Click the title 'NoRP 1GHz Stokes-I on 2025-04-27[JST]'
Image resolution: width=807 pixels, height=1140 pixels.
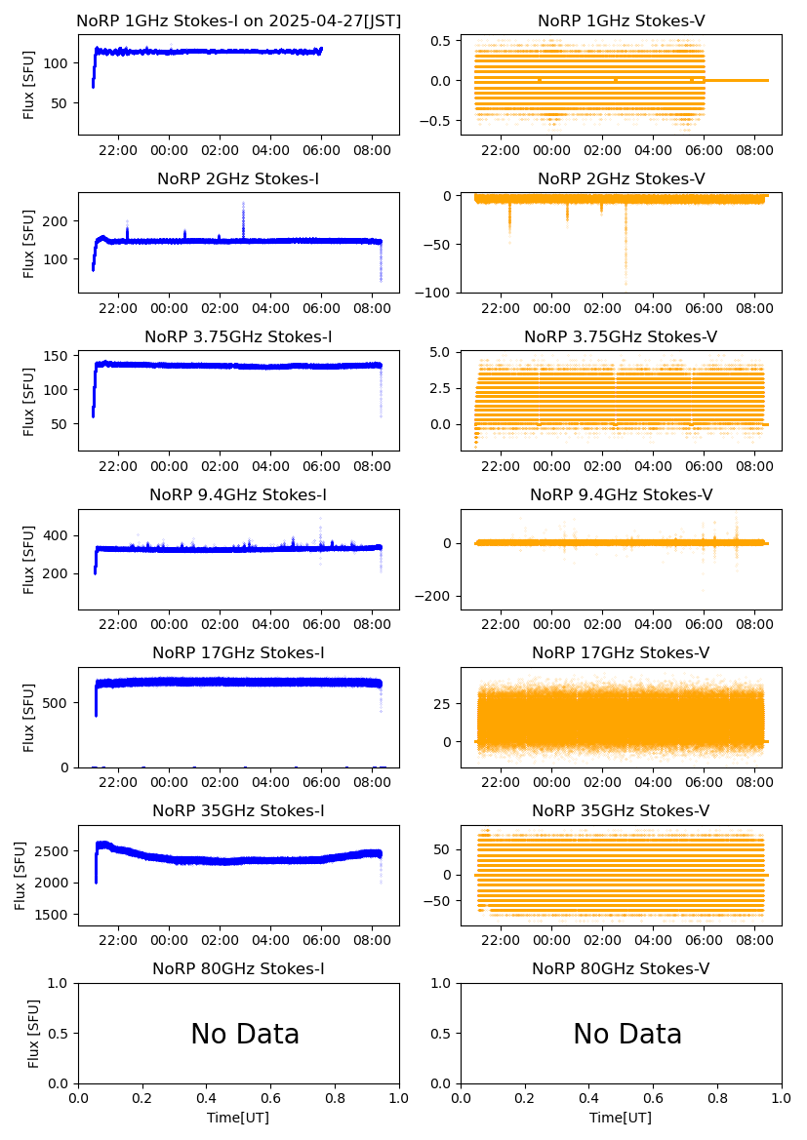click(238, 20)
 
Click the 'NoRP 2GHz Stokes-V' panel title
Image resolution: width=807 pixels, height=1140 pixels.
click(622, 178)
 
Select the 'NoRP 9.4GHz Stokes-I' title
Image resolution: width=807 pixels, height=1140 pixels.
click(238, 494)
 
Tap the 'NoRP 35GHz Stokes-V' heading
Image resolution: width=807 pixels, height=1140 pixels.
click(622, 810)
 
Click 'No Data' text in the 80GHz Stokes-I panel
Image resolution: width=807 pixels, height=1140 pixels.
click(245, 1034)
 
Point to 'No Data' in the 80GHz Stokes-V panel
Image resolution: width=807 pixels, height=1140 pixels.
click(627, 1034)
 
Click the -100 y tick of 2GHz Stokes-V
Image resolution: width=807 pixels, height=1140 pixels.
click(436, 293)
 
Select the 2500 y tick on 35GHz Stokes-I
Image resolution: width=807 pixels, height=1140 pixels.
click(53, 851)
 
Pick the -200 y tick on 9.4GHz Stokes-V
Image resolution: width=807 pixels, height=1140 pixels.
click(436, 596)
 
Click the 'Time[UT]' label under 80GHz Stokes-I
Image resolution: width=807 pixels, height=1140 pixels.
click(238, 1118)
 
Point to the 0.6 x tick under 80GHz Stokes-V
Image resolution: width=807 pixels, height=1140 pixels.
click(654, 1098)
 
